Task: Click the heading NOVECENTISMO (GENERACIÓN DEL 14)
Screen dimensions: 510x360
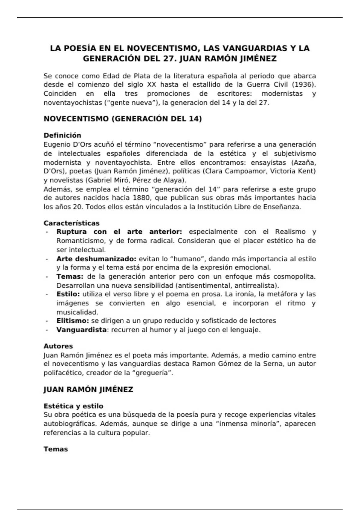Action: [x=123, y=119]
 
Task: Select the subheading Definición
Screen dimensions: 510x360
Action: [x=62, y=135]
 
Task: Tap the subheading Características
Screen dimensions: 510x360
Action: [x=71, y=223]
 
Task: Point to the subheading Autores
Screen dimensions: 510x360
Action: [x=58, y=346]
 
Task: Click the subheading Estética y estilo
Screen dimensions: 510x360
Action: [x=73, y=406]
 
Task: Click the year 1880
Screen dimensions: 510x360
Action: [x=144, y=198]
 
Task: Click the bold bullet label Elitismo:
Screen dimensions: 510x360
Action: [x=73, y=321]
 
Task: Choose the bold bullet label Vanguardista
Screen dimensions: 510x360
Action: [x=81, y=330]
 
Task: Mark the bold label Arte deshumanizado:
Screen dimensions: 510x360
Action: [x=96, y=259]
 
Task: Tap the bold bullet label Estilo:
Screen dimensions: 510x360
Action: [x=68, y=294]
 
